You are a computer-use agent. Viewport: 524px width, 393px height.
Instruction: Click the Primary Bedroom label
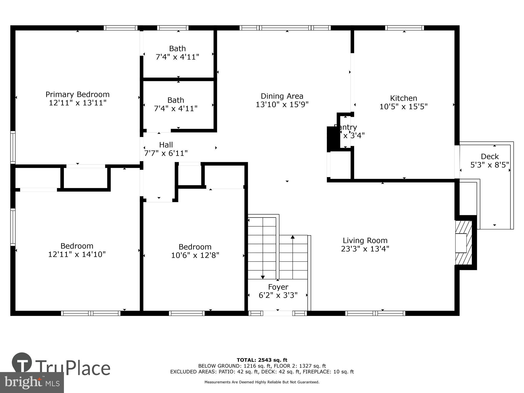pos(78,94)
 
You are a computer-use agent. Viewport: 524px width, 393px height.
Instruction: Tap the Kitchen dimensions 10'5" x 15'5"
pos(403,107)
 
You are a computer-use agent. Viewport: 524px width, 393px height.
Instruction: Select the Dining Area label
pos(282,96)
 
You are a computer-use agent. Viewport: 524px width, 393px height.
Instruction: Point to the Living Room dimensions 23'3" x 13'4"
pos(365,249)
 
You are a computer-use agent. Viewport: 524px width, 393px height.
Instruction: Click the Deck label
pos(490,156)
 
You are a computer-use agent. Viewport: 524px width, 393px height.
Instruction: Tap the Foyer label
pos(278,287)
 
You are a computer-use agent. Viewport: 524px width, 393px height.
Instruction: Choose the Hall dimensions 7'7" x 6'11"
pos(166,153)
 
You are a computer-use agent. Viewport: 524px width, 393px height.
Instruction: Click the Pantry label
pos(346,127)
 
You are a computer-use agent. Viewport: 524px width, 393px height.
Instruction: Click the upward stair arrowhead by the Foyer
pos(293,237)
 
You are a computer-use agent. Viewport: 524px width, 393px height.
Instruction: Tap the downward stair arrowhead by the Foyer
pos(263,277)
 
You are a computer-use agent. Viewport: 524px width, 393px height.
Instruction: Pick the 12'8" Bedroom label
pos(195,247)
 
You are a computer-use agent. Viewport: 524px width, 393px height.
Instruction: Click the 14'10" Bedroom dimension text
pos(77,254)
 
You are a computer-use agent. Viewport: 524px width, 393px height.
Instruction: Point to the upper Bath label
pos(177,48)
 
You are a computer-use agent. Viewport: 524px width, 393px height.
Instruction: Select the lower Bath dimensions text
pos(176,108)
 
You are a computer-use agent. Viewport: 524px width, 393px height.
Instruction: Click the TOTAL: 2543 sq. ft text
pos(262,360)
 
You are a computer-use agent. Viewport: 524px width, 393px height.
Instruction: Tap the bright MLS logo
pos(32,382)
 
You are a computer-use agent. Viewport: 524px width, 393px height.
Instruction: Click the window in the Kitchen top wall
pos(404,28)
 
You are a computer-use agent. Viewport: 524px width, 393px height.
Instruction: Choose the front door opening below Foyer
pos(278,313)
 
